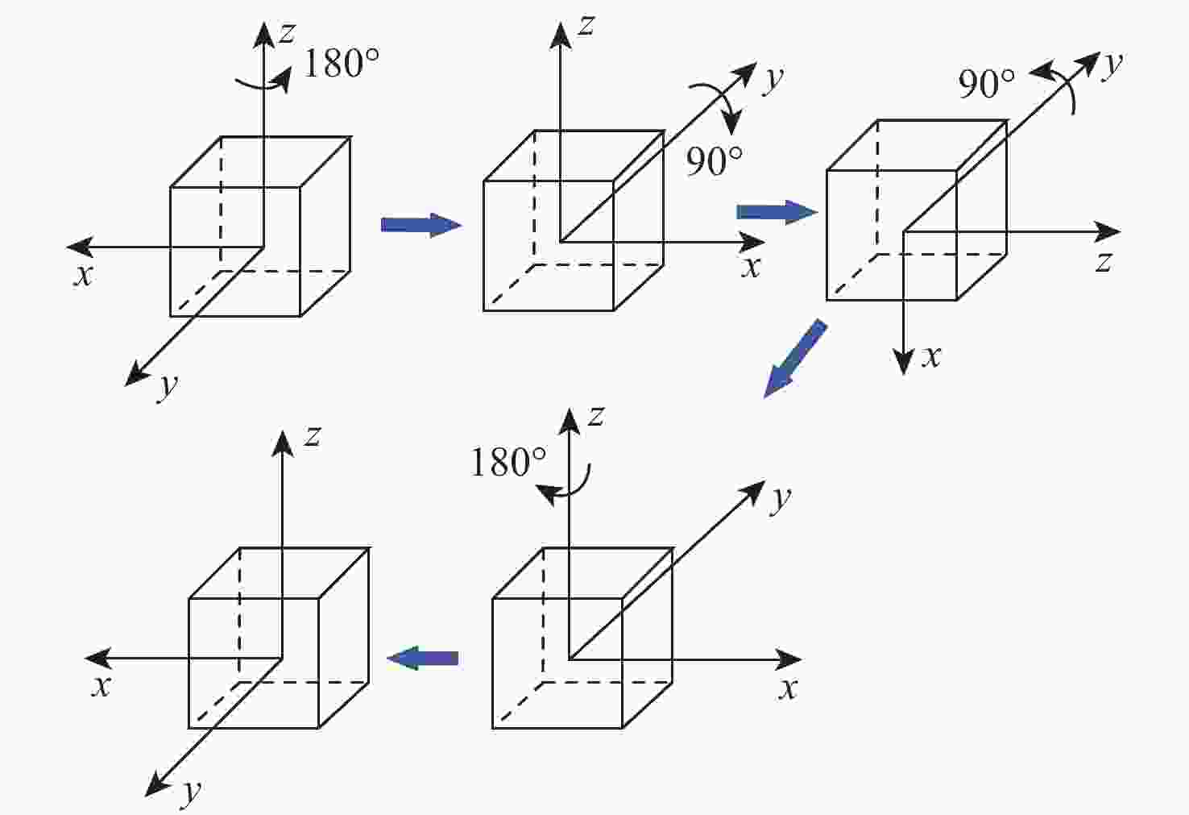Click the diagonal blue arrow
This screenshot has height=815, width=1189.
pos(794,360)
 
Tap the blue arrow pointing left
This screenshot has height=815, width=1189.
pos(423,659)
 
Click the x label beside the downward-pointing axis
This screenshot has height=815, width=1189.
pos(931,356)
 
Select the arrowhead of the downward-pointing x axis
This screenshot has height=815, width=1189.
pos(903,363)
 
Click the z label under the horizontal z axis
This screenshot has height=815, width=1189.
pos(1104,263)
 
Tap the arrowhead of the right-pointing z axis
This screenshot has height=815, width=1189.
pos(1108,231)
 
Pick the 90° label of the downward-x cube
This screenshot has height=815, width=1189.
pos(986,85)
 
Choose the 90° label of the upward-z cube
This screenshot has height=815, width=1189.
pos(714,161)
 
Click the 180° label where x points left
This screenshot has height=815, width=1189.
pos(342,63)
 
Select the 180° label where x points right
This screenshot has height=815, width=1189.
pos(508,462)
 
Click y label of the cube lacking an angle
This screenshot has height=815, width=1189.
pos(191,793)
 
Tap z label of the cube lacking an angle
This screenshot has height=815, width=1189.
pos(312,437)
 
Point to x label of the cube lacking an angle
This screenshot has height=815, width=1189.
pos(101,686)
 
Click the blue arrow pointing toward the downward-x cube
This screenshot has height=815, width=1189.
pos(777,213)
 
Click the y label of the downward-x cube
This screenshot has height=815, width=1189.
pos(1112,66)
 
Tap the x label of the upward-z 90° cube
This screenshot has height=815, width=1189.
pos(751,268)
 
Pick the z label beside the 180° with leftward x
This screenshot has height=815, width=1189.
pos(286,32)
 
